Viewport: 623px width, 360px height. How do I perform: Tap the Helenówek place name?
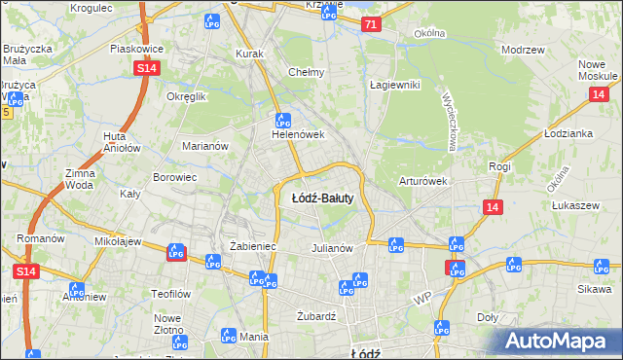tap(297, 135)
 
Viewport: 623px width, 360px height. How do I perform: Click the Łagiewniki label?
tap(394, 85)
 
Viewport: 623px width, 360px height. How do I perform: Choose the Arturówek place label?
tap(422, 181)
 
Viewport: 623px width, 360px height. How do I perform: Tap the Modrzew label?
tap(521, 50)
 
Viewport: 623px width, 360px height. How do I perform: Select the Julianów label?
tap(331, 248)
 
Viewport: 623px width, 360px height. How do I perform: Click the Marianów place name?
tap(204, 146)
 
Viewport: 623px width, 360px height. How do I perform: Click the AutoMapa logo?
tap(559, 341)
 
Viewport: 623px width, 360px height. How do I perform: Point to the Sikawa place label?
tap(591, 290)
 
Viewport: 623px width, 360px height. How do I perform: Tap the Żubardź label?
tap(315, 315)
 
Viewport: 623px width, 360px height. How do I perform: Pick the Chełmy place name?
tap(307, 72)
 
